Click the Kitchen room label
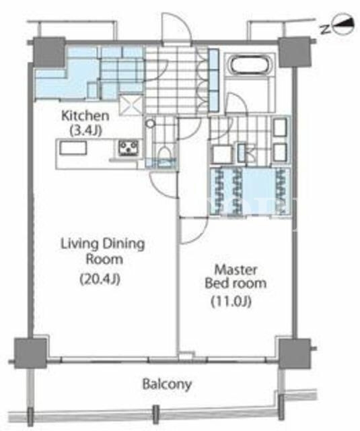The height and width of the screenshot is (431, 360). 85,116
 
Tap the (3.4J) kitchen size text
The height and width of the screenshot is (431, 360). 86,130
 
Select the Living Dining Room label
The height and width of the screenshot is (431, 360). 103,251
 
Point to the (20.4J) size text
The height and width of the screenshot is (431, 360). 100,279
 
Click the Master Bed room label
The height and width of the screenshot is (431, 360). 236,277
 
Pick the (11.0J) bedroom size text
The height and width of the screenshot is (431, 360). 231,302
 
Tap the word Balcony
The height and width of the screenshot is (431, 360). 167,384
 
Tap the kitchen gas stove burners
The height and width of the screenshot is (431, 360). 128,147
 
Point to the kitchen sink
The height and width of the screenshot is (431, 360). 73,148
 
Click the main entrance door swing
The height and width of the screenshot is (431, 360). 176,27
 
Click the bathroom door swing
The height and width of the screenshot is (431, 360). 237,103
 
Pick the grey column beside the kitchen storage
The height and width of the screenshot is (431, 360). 49,52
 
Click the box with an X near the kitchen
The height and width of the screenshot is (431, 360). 131,105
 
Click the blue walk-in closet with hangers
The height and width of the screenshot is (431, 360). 250,192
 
